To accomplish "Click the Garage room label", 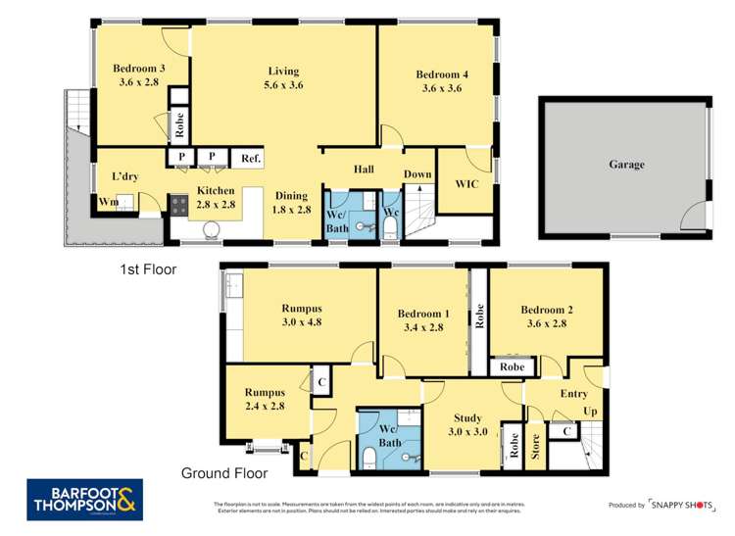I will (x=626, y=165).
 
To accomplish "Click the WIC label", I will (x=466, y=183).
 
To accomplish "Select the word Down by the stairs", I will (x=418, y=174).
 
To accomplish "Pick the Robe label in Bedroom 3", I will (x=180, y=124).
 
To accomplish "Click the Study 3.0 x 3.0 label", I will (x=467, y=424).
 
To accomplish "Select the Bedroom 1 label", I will (x=423, y=320).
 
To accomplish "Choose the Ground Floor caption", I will (x=224, y=473).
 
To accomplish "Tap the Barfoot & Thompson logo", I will (x=85, y=499).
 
